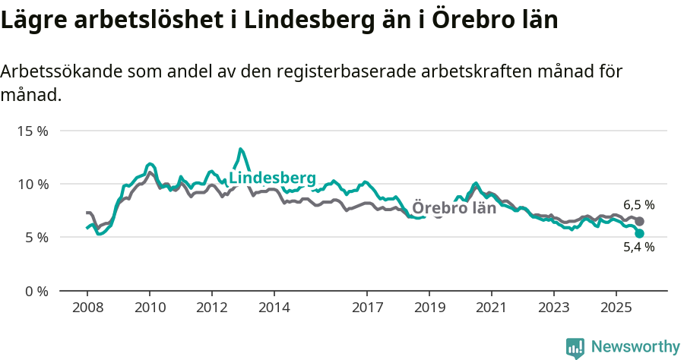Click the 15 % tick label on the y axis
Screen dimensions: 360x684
point(32,131)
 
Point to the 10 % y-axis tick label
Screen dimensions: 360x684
point(32,184)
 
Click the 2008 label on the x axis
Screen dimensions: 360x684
point(87,308)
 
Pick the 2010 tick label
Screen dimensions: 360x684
point(150,308)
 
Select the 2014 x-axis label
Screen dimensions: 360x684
point(274,308)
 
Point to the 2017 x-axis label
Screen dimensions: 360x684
point(367,308)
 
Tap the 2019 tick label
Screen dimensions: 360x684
point(429,308)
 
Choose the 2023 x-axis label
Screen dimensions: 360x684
point(553,308)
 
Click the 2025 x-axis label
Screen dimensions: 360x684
point(616,308)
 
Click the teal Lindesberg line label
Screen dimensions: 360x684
point(272,178)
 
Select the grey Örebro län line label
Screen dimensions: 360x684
point(454,208)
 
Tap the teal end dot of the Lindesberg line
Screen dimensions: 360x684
point(640,233)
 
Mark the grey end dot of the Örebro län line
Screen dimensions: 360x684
point(640,221)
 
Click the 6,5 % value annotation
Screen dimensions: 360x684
point(639,205)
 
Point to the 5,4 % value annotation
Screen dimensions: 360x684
point(639,247)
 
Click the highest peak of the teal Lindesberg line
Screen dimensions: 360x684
point(240,149)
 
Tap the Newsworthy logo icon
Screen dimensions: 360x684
point(575,347)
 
